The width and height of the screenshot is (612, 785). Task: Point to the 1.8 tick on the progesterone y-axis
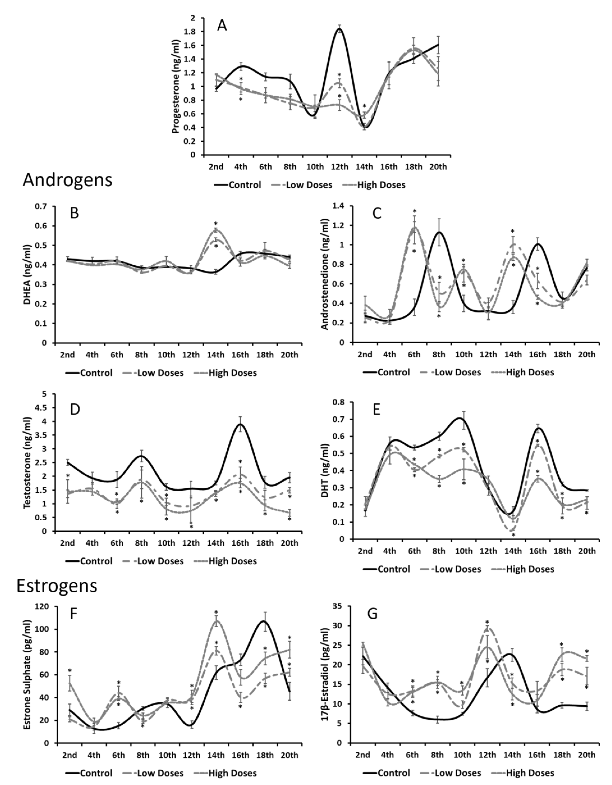pyautogui.click(x=193, y=32)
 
